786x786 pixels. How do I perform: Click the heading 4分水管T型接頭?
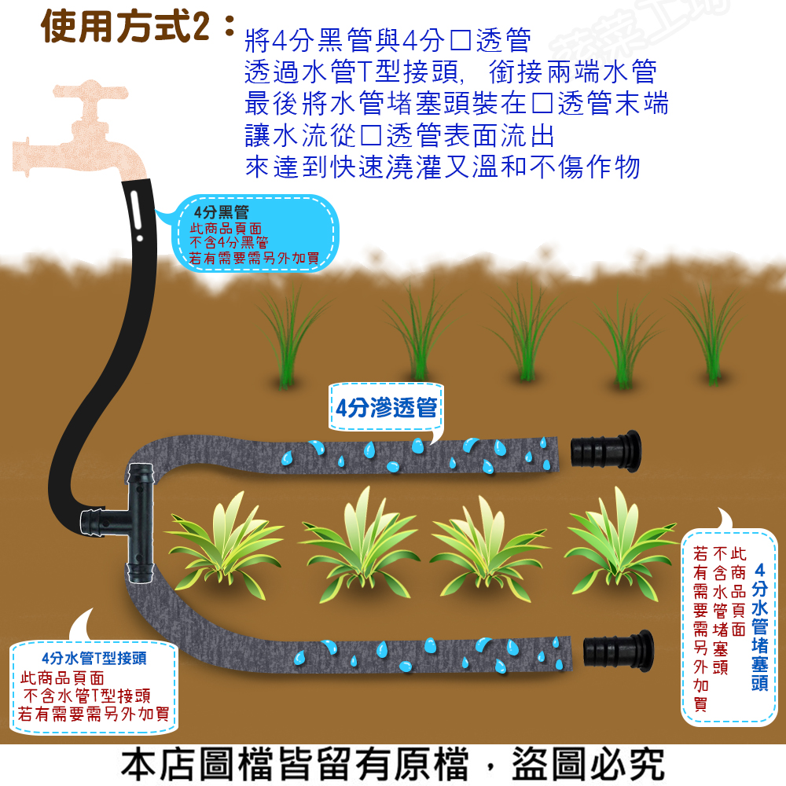[x=94, y=658]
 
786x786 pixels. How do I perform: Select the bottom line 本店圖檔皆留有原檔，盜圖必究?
[x=393, y=765]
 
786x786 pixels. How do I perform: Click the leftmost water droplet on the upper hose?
[x=286, y=457]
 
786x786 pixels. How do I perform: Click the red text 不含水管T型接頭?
[x=87, y=696]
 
